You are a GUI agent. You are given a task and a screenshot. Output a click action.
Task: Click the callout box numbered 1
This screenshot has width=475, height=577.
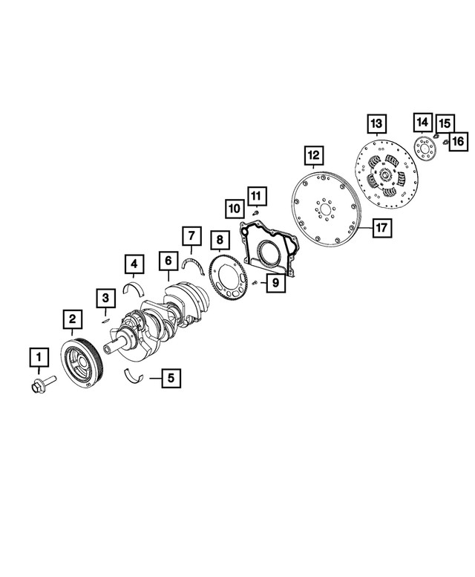[39, 357]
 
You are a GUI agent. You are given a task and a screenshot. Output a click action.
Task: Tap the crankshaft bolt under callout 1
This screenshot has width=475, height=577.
[43, 384]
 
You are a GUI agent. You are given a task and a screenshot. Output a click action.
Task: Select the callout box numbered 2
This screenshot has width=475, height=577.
[72, 319]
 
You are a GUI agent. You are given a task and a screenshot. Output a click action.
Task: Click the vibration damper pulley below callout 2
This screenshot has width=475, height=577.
[82, 363]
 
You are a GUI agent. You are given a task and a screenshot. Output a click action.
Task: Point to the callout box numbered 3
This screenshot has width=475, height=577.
[105, 298]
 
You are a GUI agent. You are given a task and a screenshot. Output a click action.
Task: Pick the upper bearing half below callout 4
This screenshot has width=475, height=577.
[134, 289]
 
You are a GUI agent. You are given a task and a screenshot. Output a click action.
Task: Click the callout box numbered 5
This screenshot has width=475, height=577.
[171, 377]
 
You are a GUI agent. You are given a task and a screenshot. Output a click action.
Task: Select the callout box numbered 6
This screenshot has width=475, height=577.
[168, 261]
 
